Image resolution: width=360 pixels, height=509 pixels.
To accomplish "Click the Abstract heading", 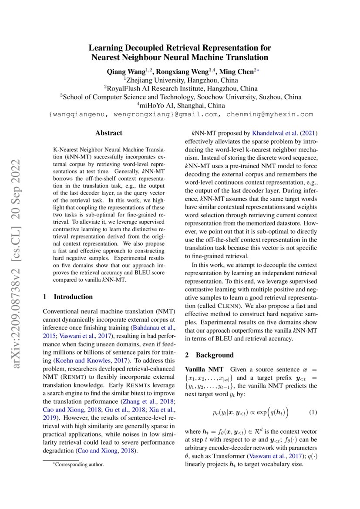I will [x=109, y=133].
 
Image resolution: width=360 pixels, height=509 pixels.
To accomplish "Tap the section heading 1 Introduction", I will [x=68, y=297].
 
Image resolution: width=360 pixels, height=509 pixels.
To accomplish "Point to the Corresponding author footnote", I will [x=78, y=465].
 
